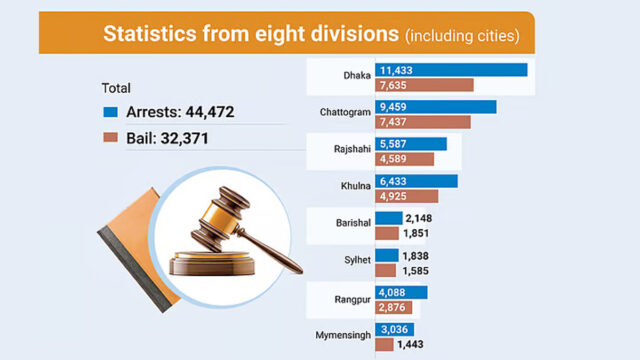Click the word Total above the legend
pyautogui.click(x=117, y=88)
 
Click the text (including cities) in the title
pyautogui.click(x=461, y=36)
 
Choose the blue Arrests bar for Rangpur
pyautogui.click(x=401, y=292)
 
